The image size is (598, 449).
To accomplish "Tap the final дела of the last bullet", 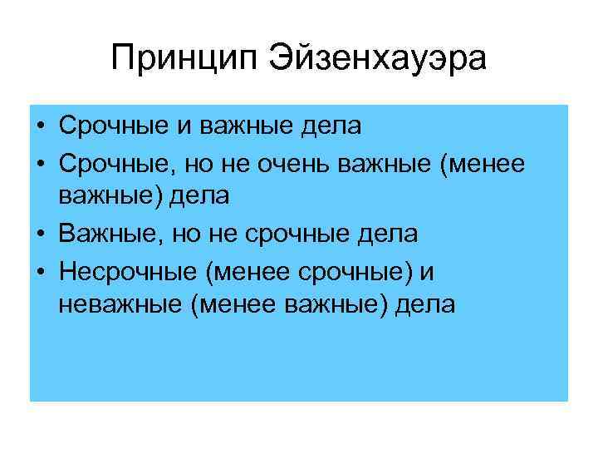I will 424,305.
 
